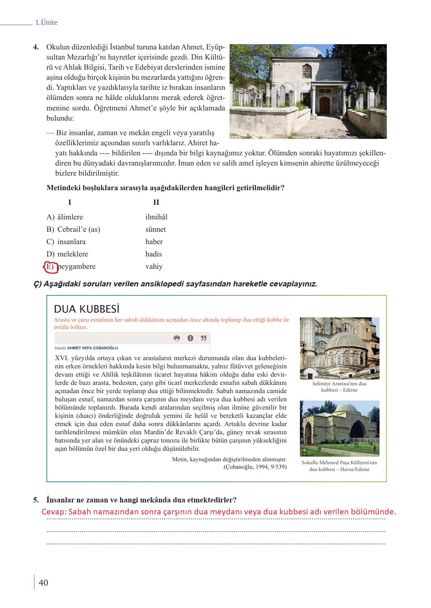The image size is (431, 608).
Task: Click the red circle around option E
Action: pyautogui.click(x=50, y=267)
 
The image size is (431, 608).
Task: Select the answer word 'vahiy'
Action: pyautogui.click(x=154, y=267)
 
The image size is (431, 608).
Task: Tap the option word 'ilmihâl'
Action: pyautogui.click(x=156, y=217)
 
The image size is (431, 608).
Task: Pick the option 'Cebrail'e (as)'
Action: pyautogui.click(x=79, y=229)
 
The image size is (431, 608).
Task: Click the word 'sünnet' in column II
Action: pyautogui.click(x=155, y=229)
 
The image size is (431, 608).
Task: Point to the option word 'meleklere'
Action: pyautogui.click(x=73, y=254)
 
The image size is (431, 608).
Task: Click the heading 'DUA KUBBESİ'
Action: pyautogui.click(x=86, y=309)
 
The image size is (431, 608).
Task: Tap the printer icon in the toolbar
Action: pyautogui.click(x=177, y=338)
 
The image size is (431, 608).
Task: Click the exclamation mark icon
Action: pyautogui.click(x=190, y=338)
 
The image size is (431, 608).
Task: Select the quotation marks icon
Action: pyautogui.click(x=204, y=338)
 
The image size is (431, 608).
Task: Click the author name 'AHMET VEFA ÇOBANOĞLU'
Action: pyautogui.click(x=92, y=348)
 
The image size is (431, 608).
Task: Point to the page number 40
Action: pyautogui.click(x=43, y=583)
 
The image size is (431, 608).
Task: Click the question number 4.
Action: pyautogui.click(x=36, y=48)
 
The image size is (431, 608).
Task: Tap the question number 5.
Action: pyautogui.click(x=36, y=500)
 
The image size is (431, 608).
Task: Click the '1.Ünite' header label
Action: pyautogui.click(x=46, y=22)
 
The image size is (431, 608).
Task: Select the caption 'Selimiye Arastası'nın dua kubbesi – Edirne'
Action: pyautogui.click(x=339, y=387)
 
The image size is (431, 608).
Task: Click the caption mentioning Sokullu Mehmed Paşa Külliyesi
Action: pyautogui.click(x=339, y=466)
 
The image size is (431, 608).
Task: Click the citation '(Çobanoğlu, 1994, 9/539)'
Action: pyautogui.click(x=255, y=467)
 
